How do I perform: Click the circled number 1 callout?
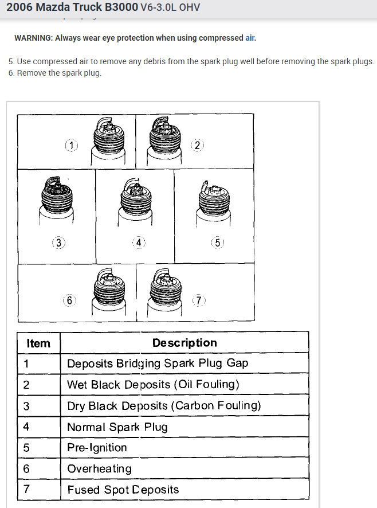[71, 145]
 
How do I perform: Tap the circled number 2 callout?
[197, 145]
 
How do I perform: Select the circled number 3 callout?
[58, 243]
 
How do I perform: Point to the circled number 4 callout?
[138, 243]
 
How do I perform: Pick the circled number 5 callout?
[218, 243]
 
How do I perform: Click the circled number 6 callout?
[69, 300]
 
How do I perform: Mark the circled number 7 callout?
[198, 300]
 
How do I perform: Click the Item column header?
[38, 343]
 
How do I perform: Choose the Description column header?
[184, 343]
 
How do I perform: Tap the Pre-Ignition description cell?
[97, 448]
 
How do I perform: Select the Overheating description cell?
[99, 468]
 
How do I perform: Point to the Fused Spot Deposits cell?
[123, 490]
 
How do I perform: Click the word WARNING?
[33, 38]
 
